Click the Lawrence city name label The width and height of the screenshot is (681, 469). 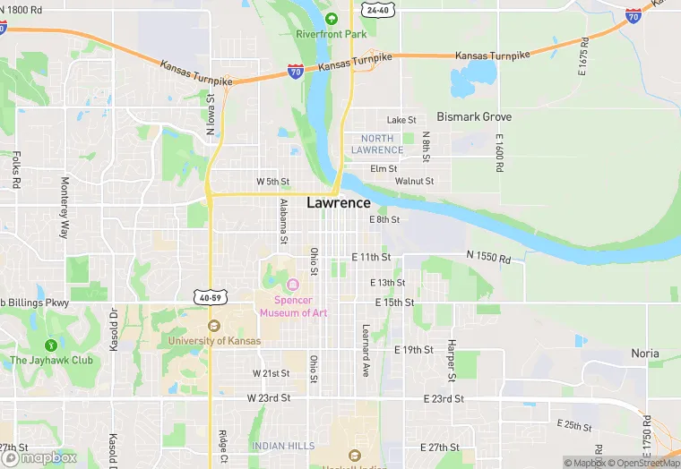click(x=338, y=203)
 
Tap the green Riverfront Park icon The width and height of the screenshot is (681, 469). click(x=332, y=19)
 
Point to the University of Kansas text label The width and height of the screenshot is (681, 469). click(x=215, y=341)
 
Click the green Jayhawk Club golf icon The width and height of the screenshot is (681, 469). click(x=51, y=345)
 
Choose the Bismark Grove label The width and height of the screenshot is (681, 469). click(x=474, y=117)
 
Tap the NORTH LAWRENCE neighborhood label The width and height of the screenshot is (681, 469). click(x=376, y=144)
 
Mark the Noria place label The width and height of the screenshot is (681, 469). click(x=645, y=354)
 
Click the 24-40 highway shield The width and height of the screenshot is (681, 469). click(x=377, y=11)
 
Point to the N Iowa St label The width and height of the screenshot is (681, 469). click(x=211, y=114)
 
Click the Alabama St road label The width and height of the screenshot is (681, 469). click(x=282, y=221)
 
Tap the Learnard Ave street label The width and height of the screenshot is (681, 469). click(x=366, y=350)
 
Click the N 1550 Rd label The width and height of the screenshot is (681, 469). click(x=488, y=259)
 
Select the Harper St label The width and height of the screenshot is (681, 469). click(x=453, y=355)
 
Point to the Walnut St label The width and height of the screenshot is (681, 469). click(x=414, y=181)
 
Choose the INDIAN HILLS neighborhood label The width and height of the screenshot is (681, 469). click(x=282, y=446)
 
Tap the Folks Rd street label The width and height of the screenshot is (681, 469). click(x=16, y=170)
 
